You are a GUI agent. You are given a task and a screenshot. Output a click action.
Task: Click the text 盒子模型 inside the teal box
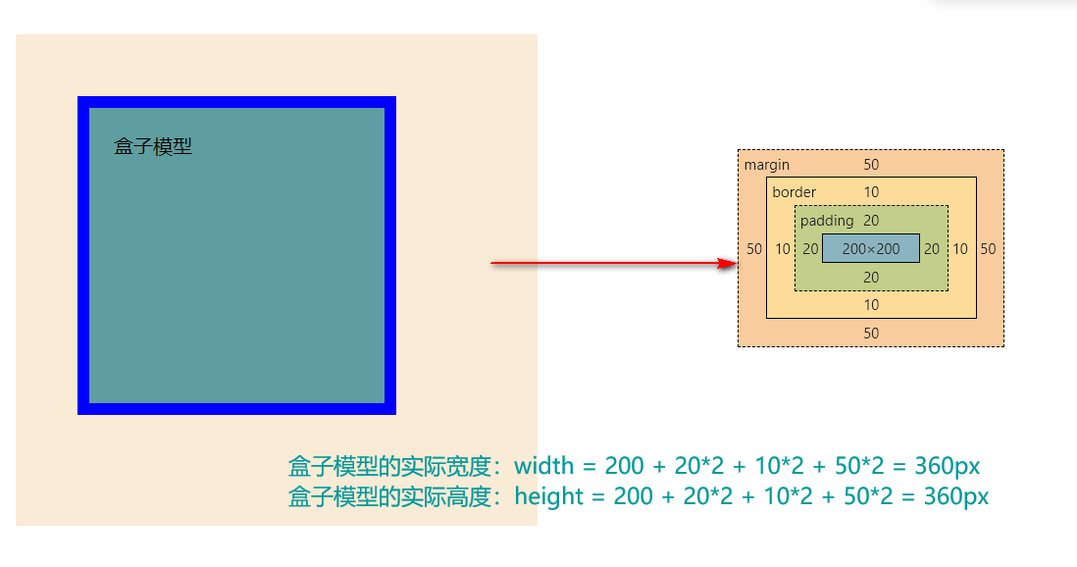pos(153,147)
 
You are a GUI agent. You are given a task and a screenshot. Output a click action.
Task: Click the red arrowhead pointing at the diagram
pos(727,263)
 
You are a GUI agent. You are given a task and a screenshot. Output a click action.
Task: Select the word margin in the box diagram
pos(767,165)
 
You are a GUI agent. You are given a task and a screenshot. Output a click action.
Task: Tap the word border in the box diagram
pos(794,192)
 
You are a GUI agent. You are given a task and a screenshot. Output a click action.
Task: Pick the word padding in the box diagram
pos(827,221)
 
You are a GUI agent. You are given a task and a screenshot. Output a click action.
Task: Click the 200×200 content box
pos(871,249)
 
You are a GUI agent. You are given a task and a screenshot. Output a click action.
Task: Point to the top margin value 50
pos(871,165)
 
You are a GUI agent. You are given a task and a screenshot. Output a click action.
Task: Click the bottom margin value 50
pos(871,334)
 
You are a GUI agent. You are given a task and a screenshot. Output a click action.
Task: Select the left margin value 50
pos(753,249)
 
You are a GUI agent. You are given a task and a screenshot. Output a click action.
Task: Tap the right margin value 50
pos(988,249)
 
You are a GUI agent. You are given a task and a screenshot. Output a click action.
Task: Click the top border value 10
pos(871,192)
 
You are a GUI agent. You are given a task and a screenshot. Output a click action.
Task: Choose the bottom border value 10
pos(871,305)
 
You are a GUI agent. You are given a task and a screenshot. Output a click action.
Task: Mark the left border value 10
pos(782,249)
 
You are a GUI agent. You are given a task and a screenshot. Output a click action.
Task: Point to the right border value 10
pos(960,249)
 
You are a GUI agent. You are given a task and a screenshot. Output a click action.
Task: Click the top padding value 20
pos(871,221)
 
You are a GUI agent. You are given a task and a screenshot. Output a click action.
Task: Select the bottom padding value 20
pos(871,278)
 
